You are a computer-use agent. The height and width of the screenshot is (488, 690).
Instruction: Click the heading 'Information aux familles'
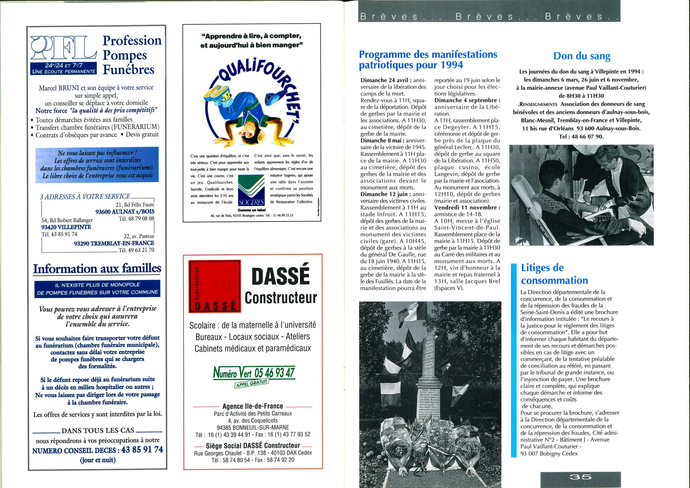pyautogui.click(x=97, y=269)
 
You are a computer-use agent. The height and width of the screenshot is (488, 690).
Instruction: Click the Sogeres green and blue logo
pyautogui.click(x=251, y=190)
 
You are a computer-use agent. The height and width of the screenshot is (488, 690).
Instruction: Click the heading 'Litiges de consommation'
pyautogui.click(x=554, y=274)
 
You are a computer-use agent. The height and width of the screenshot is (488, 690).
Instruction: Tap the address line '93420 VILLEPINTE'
pyautogui.click(x=66, y=227)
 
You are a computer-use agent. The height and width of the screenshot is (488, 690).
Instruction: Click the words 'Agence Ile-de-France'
pyautogui.click(x=253, y=407)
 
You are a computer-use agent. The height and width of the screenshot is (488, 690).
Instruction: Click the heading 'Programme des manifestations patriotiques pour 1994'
pyautogui.click(x=428, y=60)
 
